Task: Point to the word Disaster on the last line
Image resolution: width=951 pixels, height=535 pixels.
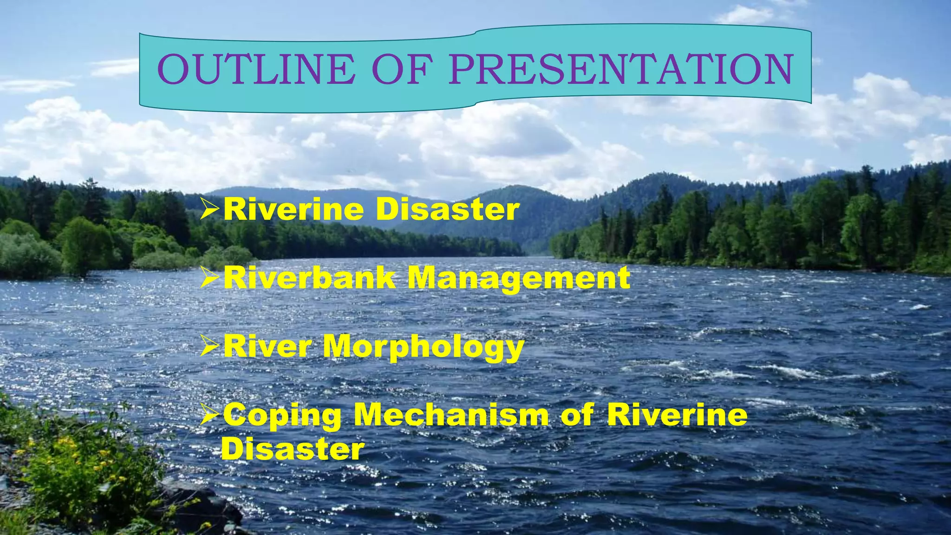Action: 293,449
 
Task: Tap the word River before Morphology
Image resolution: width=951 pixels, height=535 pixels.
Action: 267,346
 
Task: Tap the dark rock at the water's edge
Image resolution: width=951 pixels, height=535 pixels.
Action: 204,504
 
